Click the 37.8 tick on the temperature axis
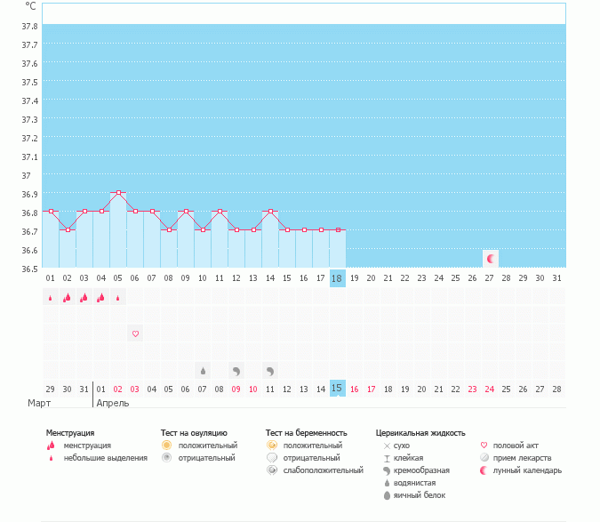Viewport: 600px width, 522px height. tap(29, 26)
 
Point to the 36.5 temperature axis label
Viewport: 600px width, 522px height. tap(29, 269)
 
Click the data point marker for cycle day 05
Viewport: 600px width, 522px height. tap(118, 192)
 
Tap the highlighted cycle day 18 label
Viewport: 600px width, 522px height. tap(336, 278)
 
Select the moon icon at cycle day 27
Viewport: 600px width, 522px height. tap(491, 258)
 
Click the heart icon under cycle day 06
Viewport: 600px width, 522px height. tap(135, 333)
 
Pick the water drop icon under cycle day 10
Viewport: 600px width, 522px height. tap(203, 370)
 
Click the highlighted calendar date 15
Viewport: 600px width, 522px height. tap(336, 389)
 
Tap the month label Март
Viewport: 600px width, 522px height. tap(38, 403)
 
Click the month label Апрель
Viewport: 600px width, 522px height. tap(112, 403)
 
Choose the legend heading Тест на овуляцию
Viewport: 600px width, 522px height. tap(195, 433)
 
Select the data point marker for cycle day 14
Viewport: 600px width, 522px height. tap(269, 211)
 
